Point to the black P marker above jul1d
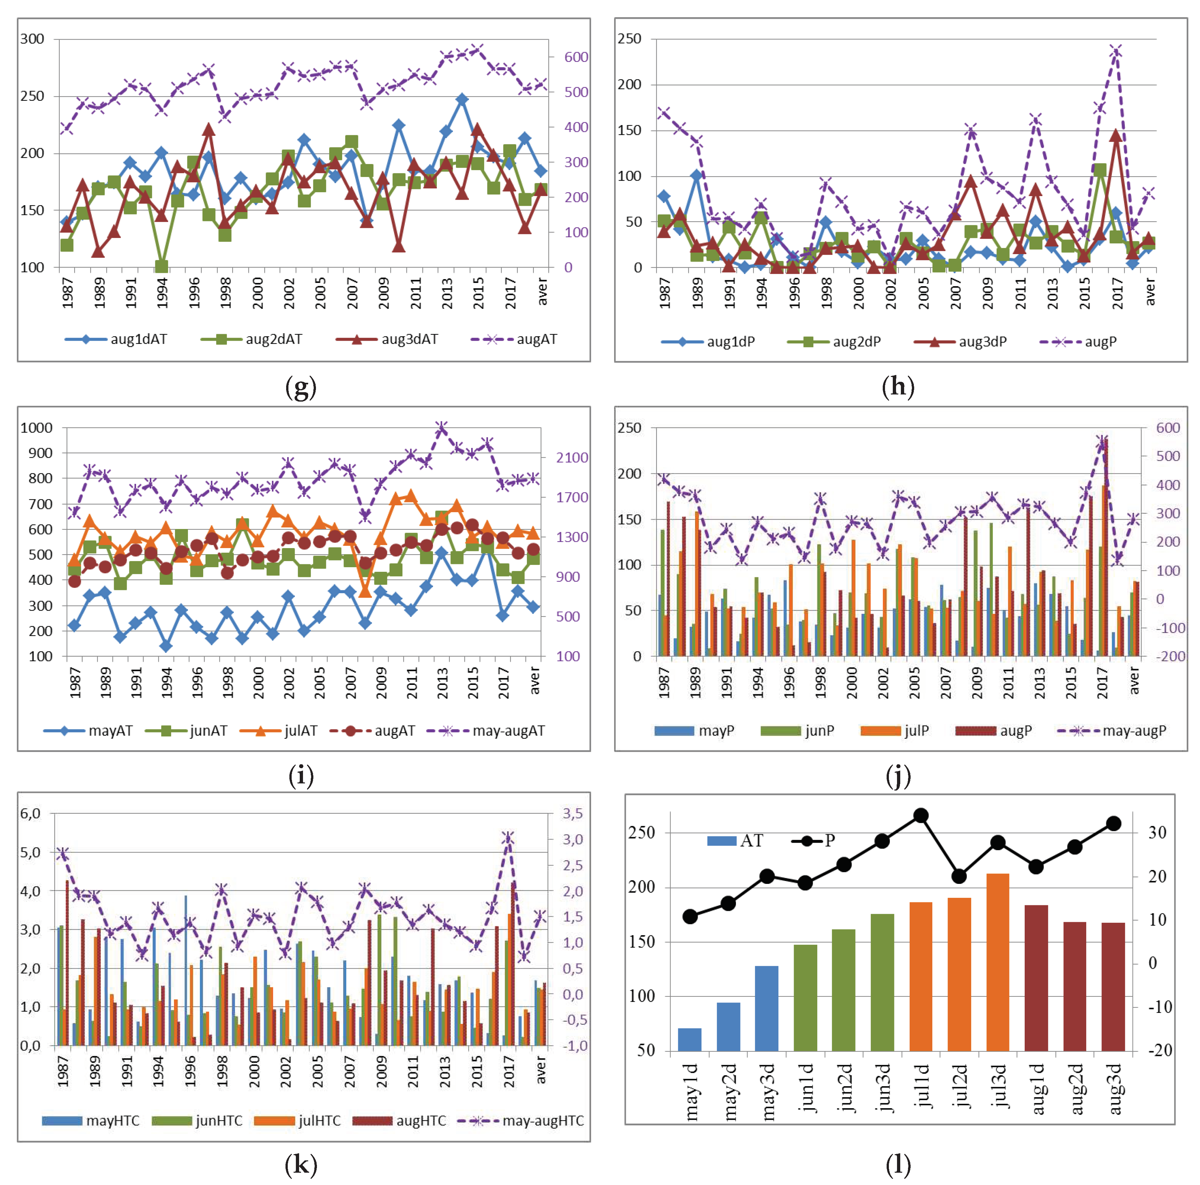921,815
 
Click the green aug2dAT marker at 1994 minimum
161,267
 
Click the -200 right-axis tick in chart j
1170,656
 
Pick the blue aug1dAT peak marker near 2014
461,100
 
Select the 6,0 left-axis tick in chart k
30,814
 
